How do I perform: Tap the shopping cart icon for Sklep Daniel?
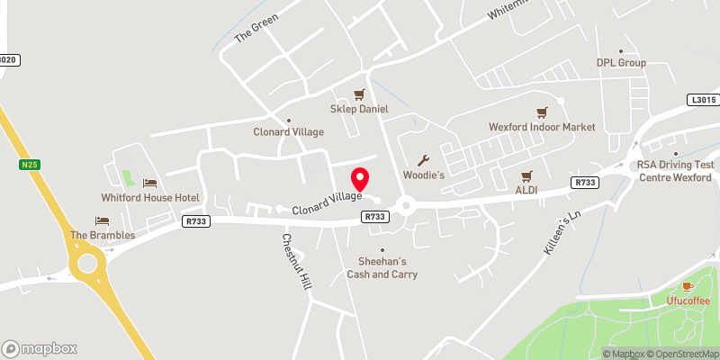click(x=360, y=94)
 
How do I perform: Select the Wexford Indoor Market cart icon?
click(x=542, y=112)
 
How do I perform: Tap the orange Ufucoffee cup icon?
click(x=688, y=285)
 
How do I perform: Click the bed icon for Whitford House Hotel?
click(x=149, y=183)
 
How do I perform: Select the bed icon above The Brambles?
click(x=102, y=220)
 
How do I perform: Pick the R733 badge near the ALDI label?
click(x=582, y=183)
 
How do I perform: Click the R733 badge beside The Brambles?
click(x=195, y=221)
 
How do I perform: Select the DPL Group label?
click(x=621, y=63)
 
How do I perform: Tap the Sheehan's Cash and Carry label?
click(x=382, y=267)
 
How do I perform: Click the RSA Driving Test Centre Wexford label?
click(x=675, y=170)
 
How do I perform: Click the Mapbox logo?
click(x=40, y=348)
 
